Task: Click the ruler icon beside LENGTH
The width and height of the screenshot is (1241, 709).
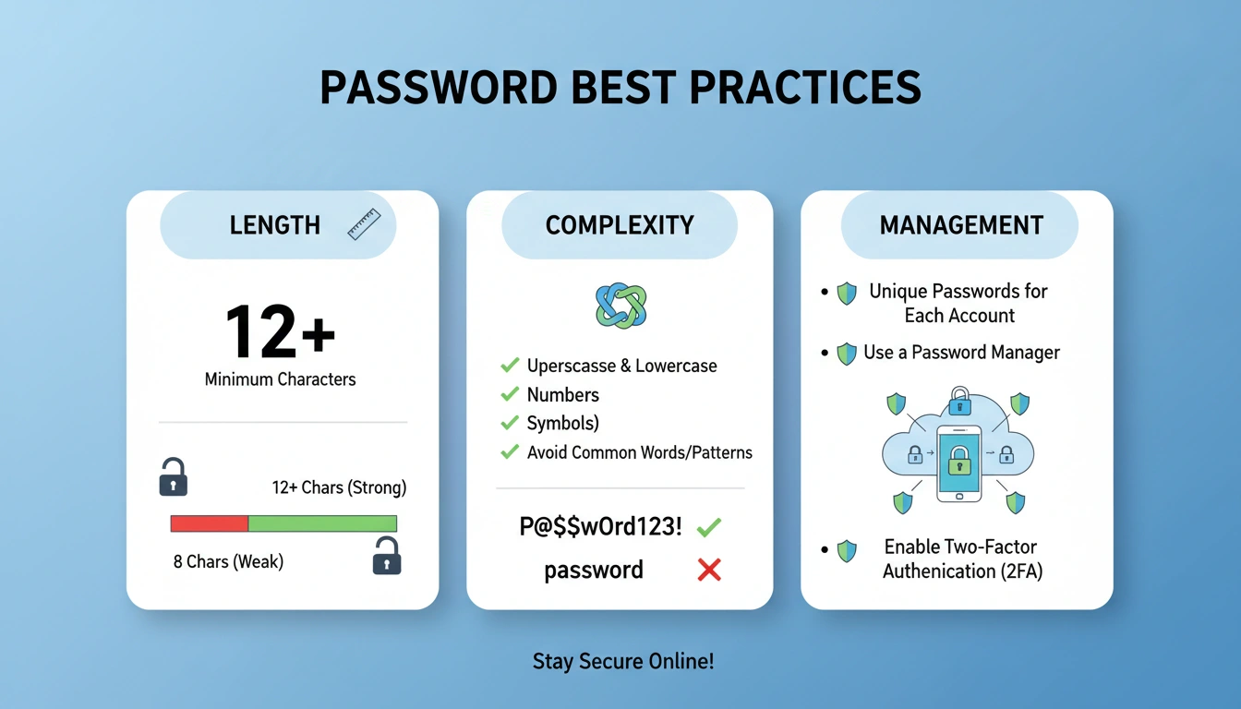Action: pos(364,225)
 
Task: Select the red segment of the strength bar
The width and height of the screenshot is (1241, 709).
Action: pos(210,523)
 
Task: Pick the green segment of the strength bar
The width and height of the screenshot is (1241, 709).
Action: pos(322,523)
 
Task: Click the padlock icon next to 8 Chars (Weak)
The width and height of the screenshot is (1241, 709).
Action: pos(386,556)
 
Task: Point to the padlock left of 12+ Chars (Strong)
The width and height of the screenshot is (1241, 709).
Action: pos(173,477)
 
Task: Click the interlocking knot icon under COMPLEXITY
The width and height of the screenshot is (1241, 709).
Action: pos(620,306)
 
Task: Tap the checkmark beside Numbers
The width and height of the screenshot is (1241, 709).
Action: pos(509,394)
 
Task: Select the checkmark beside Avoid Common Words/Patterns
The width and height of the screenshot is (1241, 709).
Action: pos(509,452)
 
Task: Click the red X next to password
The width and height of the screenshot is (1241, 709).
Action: pos(708,570)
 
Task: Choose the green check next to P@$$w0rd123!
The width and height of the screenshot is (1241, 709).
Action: pos(708,527)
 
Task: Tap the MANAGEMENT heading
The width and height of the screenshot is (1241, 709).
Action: pos(960,225)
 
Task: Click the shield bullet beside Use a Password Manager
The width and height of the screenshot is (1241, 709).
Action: pos(846,353)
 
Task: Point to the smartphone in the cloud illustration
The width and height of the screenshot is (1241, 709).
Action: pos(959,463)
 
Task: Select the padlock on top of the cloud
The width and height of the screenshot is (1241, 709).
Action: pos(959,401)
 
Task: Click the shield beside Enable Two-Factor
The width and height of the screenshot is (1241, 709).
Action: pos(846,551)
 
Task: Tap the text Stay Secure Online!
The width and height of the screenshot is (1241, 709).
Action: pos(623,661)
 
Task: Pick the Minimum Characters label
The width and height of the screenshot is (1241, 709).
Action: pos(280,379)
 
